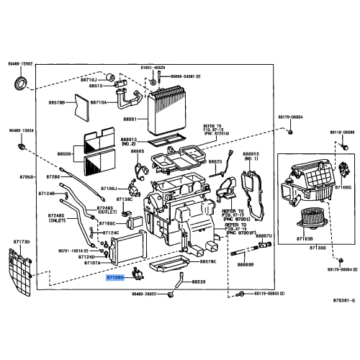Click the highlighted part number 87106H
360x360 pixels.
(116, 276)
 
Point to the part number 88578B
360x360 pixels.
(56, 103)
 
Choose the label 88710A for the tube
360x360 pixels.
(98, 103)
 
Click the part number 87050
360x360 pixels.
(26, 176)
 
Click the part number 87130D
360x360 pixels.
(318, 247)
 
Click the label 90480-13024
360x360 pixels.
(22, 130)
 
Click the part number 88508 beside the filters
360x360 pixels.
(64, 153)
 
